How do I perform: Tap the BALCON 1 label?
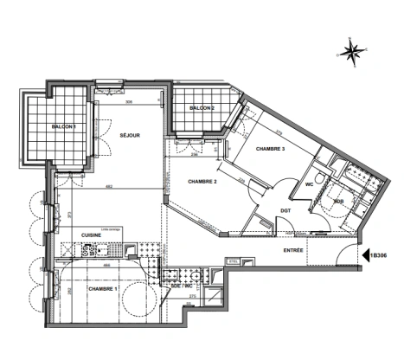(63, 127)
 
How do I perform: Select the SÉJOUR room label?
(130, 135)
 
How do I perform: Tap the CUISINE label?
(93, 235)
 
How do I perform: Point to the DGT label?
(285, 210)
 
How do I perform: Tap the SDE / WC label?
(182, 286)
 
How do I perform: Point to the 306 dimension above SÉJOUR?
(128, 103)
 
